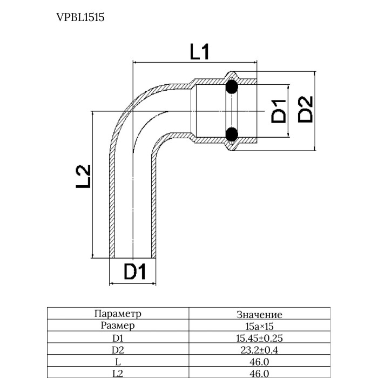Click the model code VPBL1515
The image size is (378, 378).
[80, 17]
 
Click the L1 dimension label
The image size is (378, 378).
[200, 52]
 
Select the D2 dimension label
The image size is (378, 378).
[306, 109]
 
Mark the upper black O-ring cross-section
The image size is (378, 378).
[232, 86]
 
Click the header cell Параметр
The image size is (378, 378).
[117, 314]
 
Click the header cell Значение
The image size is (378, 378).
[259, 314]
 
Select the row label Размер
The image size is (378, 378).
[117, 326]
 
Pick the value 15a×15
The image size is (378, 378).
[259, 326]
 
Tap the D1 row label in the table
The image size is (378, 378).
[117, 339]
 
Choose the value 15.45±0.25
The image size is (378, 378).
[259, 339]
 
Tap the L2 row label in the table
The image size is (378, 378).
[117, 374]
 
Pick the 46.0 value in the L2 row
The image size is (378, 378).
[259, 374]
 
